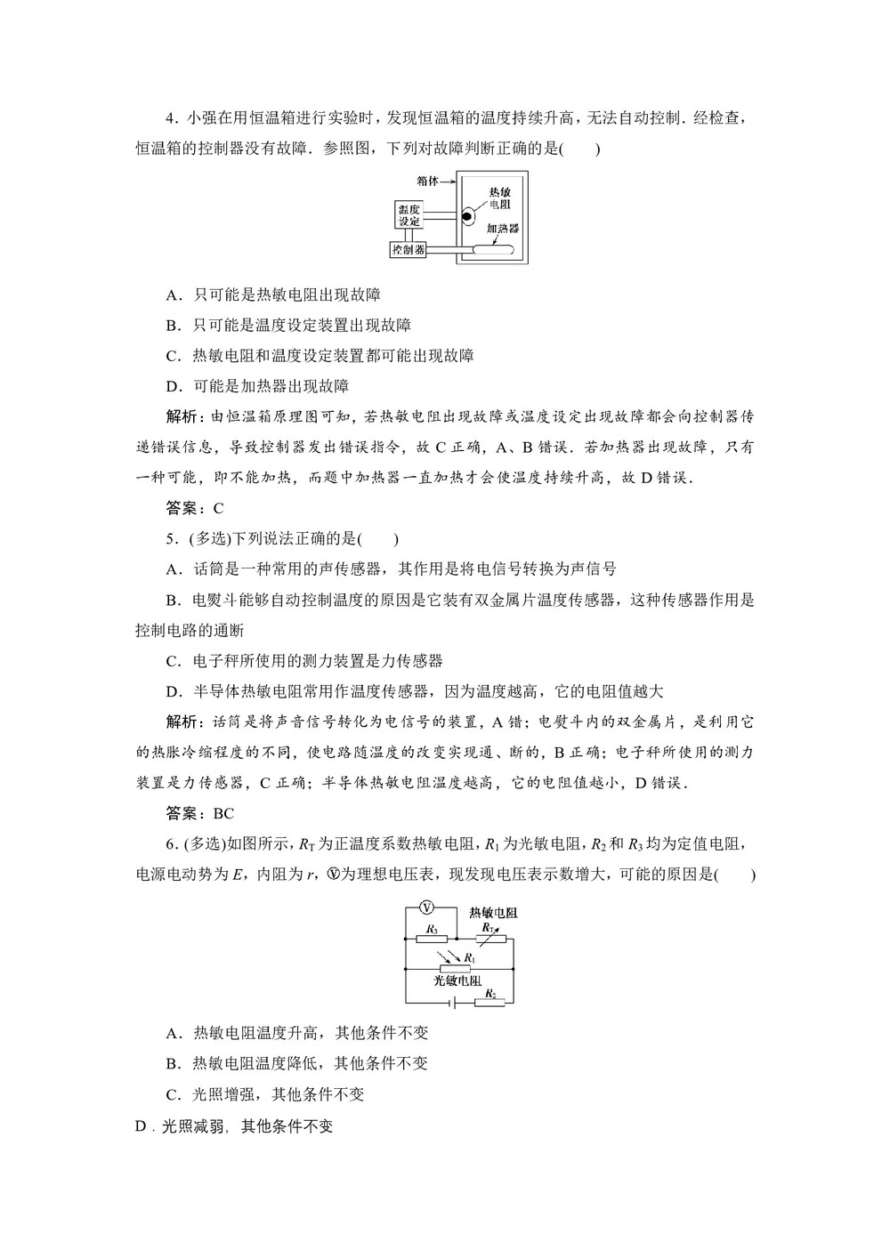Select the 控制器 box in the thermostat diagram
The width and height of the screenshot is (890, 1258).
pos(409,250)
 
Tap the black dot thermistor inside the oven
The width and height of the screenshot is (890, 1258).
pos(465,216)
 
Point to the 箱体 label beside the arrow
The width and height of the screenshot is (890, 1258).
pos(427,181)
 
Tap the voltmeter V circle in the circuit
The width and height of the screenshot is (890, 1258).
pos(426,908)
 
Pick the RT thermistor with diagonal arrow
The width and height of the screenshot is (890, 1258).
pos(489,936)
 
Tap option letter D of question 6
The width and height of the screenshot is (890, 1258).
pos(140,1126)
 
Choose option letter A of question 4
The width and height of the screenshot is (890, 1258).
pos(172,294)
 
